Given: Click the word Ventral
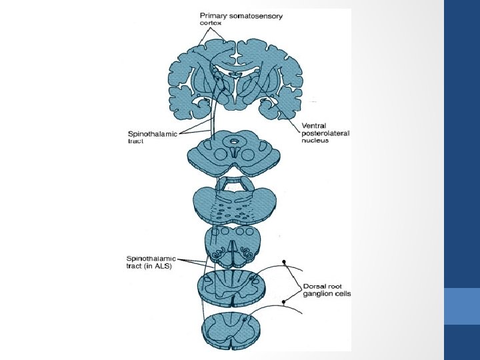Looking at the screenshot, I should pyautogui.click(x=314, y=125).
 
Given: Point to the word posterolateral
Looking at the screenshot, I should pyautogui.click(x=325, y=133).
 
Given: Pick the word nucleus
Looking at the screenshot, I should pyautogui.click(x=315, y=141).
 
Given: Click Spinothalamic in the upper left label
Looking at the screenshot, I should pyautogui.click(x=153, y=133).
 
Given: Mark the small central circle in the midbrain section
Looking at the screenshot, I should pyautogui.click(x=234, y=141).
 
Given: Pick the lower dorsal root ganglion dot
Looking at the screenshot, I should pyautogui.click(x=284, y=302).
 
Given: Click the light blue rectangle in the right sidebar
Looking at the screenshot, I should pyautogui.click(x=461, y=306).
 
